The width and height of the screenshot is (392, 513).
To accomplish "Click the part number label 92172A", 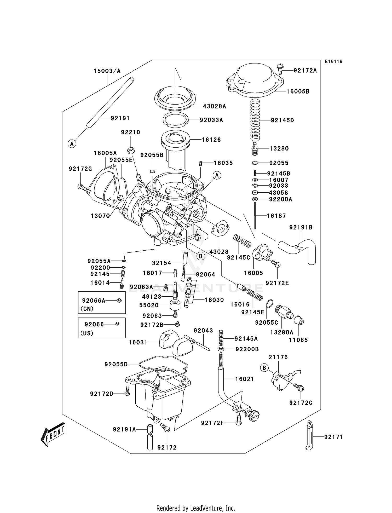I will [x=305, y=70].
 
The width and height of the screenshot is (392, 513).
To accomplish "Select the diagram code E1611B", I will [x=333, y=62].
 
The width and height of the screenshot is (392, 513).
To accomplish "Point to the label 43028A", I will [x=214, y=106].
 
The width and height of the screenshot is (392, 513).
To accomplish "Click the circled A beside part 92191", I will [x=72, y=143].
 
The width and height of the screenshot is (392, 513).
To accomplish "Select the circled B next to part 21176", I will [x=264, y=368].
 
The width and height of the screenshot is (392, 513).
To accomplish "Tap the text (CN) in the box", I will [x=87, y=309].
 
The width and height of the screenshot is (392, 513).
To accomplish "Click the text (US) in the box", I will [x=87, y=333].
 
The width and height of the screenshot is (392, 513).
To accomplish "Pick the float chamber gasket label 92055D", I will [x=116, y=364].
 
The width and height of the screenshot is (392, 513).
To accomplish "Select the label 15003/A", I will [x=107, y=71].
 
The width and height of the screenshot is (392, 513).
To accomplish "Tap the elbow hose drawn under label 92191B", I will [x=301, y=248].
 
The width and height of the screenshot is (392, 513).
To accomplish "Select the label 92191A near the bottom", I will [x=124, y=429].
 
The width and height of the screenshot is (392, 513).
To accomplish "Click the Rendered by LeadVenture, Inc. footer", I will [x=196, y=508].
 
